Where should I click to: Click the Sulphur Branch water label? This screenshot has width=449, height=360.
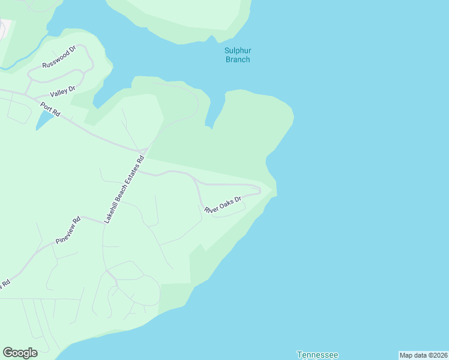(237, 55)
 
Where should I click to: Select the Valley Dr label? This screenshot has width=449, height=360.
(62, 91)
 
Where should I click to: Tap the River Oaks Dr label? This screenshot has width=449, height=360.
(222, 205)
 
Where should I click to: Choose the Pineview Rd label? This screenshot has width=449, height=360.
(68, 230)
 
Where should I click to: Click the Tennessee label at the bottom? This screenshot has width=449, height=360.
(317, 355)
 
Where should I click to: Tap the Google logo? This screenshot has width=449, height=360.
(20, 353)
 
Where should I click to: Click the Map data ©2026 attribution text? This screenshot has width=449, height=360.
(423, 355)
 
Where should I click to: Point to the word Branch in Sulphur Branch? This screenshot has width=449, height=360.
(237, 59)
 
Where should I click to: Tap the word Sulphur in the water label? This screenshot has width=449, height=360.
(237, 51)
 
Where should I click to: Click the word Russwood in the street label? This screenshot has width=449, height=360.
(53, 59)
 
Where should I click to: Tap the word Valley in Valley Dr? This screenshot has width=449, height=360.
(59, 92)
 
